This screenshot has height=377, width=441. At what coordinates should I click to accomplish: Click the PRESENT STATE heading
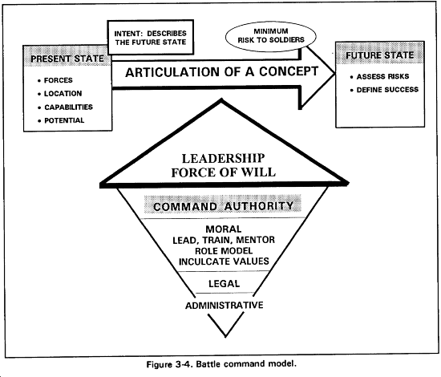[x=67, y=59]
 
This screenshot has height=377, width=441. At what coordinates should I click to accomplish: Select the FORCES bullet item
[x=55, y=80]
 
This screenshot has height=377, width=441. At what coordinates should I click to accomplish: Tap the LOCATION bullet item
[x=60, y=94]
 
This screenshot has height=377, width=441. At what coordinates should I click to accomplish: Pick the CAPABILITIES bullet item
[x=65, y=107]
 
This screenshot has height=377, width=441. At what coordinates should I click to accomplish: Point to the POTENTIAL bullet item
[x=61, y=120]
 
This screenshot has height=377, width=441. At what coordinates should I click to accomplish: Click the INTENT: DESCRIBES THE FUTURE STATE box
[x=151, y=38]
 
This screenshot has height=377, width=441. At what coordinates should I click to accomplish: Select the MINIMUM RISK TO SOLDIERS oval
[x=271, y=36]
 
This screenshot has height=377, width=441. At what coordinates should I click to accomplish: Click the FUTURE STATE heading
[x=380, y=55]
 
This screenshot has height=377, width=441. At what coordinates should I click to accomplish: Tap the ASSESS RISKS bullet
[x=380, y=76]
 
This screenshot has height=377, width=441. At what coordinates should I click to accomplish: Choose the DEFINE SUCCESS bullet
[x=384, y=90]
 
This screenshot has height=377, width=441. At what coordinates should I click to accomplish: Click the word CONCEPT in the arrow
[x=289, y=71]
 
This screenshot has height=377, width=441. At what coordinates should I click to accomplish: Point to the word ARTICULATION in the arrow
[x=172, y=72]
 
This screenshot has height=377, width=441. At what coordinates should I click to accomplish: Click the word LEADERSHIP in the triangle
[x=224, y=158]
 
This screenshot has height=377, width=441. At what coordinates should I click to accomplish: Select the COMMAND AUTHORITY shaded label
[x=223, y=205]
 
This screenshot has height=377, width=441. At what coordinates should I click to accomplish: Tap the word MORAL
[x=224, y=229]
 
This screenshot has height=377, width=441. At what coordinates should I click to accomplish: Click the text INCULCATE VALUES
[x=224, y=261]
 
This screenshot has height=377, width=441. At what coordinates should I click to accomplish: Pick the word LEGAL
[x=225, y=284]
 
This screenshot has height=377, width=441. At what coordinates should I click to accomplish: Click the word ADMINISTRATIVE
[x=225, y=306]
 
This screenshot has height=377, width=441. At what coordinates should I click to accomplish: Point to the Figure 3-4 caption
[x=221, y=364]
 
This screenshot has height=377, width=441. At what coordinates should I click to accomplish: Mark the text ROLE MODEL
[x=224, y=251]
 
